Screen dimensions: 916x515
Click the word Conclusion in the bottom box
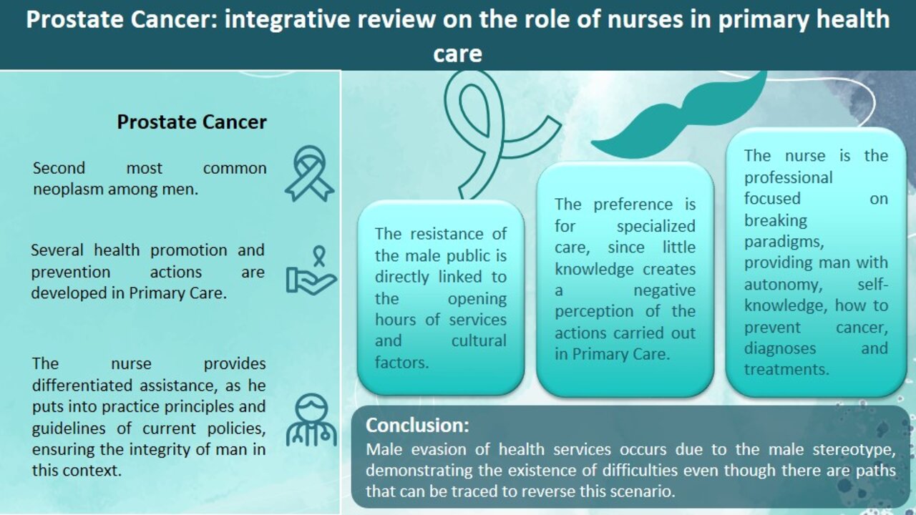coord(415,425)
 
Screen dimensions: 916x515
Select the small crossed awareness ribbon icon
coord(310,174)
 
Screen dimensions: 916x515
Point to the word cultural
coord(479,341)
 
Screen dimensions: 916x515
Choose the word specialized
coord(656,227)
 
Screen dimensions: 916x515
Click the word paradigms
coord(783,242)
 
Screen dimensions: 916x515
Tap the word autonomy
coord(783,285)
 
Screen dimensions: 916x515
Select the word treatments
coord(786,370)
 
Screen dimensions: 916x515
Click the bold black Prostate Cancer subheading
coord(192,122)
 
